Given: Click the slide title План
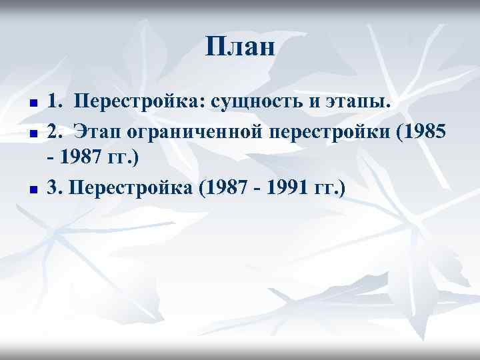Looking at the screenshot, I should (240, 47).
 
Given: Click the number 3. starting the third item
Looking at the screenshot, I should (54, 189).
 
